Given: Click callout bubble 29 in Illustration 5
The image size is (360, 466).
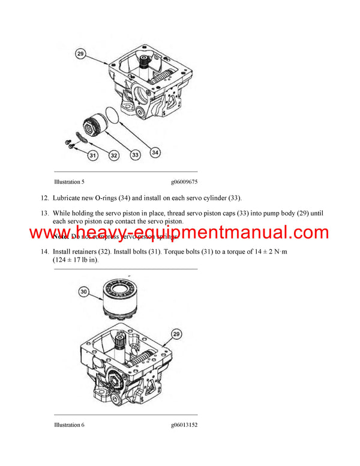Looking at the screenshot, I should (81, 54).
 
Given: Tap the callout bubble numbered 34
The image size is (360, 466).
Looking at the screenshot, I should (155, 153).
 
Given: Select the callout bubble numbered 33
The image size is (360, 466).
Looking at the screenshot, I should (135, 156).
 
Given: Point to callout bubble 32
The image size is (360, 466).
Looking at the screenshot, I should (113, 156).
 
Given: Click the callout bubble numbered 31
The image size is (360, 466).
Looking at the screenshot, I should (92, 156).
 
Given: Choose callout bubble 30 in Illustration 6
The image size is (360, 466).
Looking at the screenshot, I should (85, 292).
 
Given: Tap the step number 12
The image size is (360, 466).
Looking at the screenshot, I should (44, 198).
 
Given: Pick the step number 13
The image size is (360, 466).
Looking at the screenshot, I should (44, 213).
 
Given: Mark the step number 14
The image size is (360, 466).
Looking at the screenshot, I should (44, 252).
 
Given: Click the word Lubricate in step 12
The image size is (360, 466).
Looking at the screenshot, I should (68, 198).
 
